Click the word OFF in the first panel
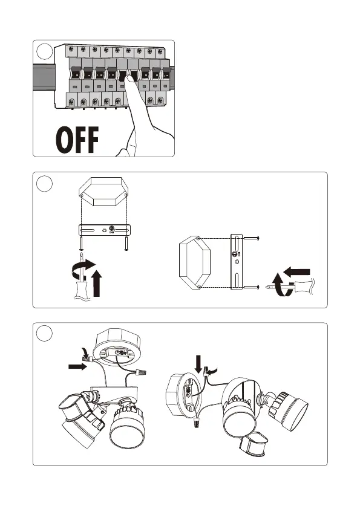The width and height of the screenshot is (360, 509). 77,140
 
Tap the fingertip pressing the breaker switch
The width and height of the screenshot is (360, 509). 131,79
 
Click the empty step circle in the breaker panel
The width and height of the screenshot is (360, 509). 45,52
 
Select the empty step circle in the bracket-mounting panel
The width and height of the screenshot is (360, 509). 44,184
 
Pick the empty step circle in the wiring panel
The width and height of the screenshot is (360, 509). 44,334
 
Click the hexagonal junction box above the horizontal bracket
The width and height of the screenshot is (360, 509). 103,191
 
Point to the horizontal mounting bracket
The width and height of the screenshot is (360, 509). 105,230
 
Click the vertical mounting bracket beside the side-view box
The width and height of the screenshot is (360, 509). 237,261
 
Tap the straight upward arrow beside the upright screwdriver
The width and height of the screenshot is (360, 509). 97,284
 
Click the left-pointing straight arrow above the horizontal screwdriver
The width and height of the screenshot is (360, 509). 296,271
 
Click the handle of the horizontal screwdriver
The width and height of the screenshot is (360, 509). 304,287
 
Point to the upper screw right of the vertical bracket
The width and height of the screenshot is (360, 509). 252,238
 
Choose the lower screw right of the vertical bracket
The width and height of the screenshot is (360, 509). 252,287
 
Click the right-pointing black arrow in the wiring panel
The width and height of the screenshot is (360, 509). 77,367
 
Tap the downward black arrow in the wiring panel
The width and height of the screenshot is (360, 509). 198,364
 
